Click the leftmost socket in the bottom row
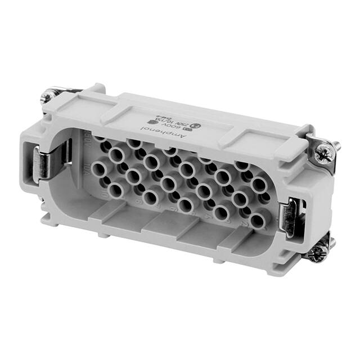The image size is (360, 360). (x=116, y=190)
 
